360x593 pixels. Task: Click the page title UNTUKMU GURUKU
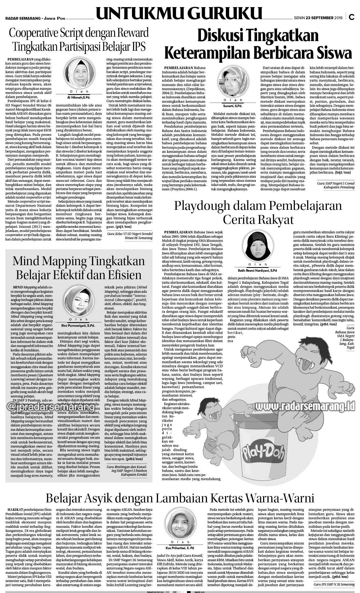pos(179,15)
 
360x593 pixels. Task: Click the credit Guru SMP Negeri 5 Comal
pos(336,183)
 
